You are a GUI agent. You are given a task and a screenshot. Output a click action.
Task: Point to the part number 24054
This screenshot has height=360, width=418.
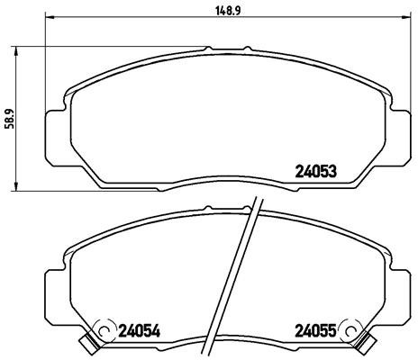[x=138, y=330]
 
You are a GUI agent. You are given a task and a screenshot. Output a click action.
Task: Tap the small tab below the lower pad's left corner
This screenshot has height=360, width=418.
[x=87, y=343]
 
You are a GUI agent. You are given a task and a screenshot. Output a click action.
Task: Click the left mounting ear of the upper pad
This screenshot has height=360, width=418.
[x=53, y=125]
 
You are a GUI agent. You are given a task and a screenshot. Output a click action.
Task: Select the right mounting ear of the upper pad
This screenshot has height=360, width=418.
[x=402, y=125]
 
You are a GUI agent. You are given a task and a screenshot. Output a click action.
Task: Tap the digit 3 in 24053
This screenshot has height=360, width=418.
[x=333, y=170]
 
